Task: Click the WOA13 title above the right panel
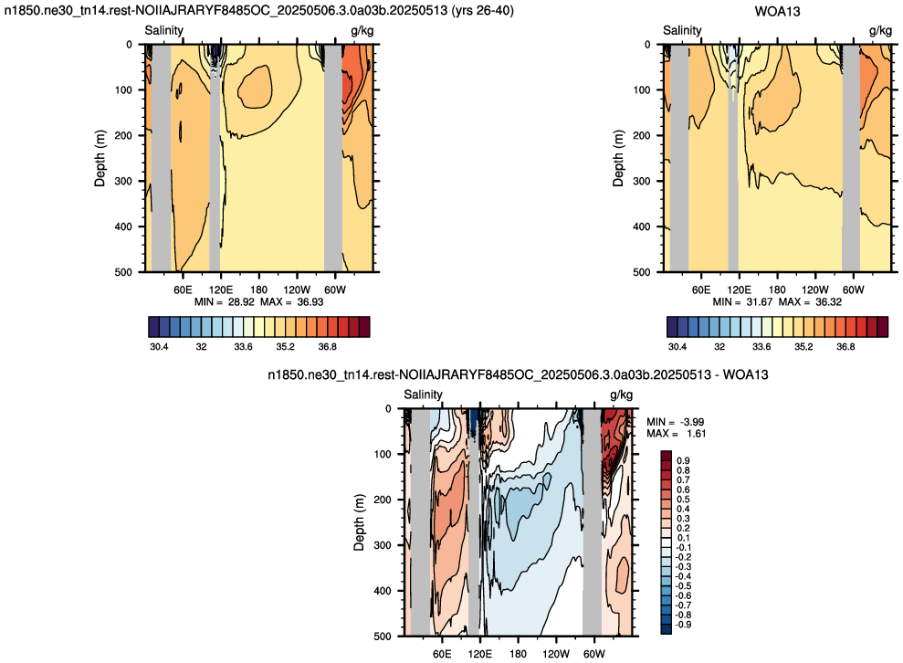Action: click(777, 12)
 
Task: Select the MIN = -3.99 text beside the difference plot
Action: click(676, 422)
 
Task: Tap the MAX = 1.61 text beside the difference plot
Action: click(676, 433)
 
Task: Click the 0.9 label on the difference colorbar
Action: click(684, 461)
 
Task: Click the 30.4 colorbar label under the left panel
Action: click(159, 347)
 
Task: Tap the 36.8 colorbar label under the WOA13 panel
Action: click(845, 347)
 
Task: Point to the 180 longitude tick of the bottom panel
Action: click(519, 654)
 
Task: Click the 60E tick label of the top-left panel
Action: click(183, 289)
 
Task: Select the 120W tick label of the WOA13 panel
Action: click(814, 289)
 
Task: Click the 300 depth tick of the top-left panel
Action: click(124, 181)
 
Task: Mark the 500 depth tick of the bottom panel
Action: click(383, 636)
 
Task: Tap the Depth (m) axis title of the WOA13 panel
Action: click(618, 158)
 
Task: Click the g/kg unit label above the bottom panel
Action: click(622, 395)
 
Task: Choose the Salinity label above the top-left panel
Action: click(163, 30)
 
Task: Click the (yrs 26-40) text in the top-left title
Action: click(482, 10)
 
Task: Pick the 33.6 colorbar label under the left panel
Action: click(243, 347)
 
